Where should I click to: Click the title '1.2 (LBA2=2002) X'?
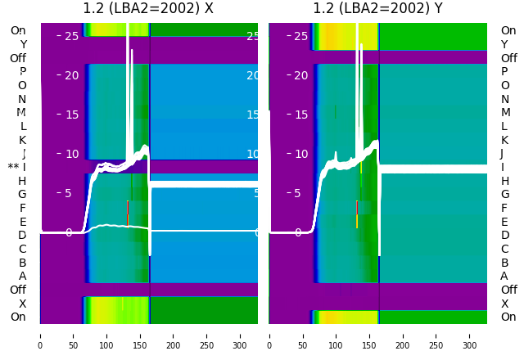coord(148,9)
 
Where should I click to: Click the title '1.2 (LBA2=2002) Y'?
coord(377,9)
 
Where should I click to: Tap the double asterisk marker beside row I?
coord(13,167)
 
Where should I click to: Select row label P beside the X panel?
coord(23,72)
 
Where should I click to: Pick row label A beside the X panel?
coord(23,277)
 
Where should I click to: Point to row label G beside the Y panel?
coord(504,195)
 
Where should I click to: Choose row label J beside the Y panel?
coord(501,154)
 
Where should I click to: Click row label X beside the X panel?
coord(23,304)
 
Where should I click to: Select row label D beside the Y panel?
coord(504,236)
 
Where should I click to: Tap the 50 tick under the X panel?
coord(74,335)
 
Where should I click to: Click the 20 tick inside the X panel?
coord(71,75)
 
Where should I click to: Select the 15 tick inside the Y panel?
coord(300,115)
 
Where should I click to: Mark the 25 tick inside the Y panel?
coord(300,36)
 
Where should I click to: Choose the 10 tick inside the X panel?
coord(71,154)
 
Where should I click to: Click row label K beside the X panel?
coord(23,140)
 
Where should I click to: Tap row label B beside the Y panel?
coord(504,263)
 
